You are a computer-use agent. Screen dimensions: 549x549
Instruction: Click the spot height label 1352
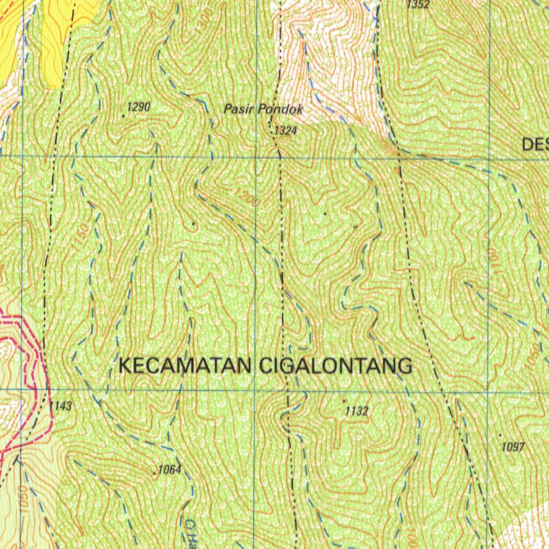[x=418, y=5]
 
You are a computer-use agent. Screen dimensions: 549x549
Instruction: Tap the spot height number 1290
[x=139, y=107]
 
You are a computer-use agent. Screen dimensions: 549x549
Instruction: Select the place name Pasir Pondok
[x=263, y=110]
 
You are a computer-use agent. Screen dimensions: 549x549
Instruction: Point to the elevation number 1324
[x=285, y=130]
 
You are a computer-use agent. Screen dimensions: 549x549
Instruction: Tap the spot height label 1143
[x=60, y=406]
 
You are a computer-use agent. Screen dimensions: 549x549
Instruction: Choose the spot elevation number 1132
[x=357, y=411]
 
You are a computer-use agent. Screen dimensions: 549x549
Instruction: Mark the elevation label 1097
[x=513, y=447]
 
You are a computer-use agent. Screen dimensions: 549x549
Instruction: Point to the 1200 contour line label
[x=246, y=198]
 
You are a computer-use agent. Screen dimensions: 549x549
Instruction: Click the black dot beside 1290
[x=123, y=115]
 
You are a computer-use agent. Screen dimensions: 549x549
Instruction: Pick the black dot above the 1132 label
[x=344, y=400]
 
